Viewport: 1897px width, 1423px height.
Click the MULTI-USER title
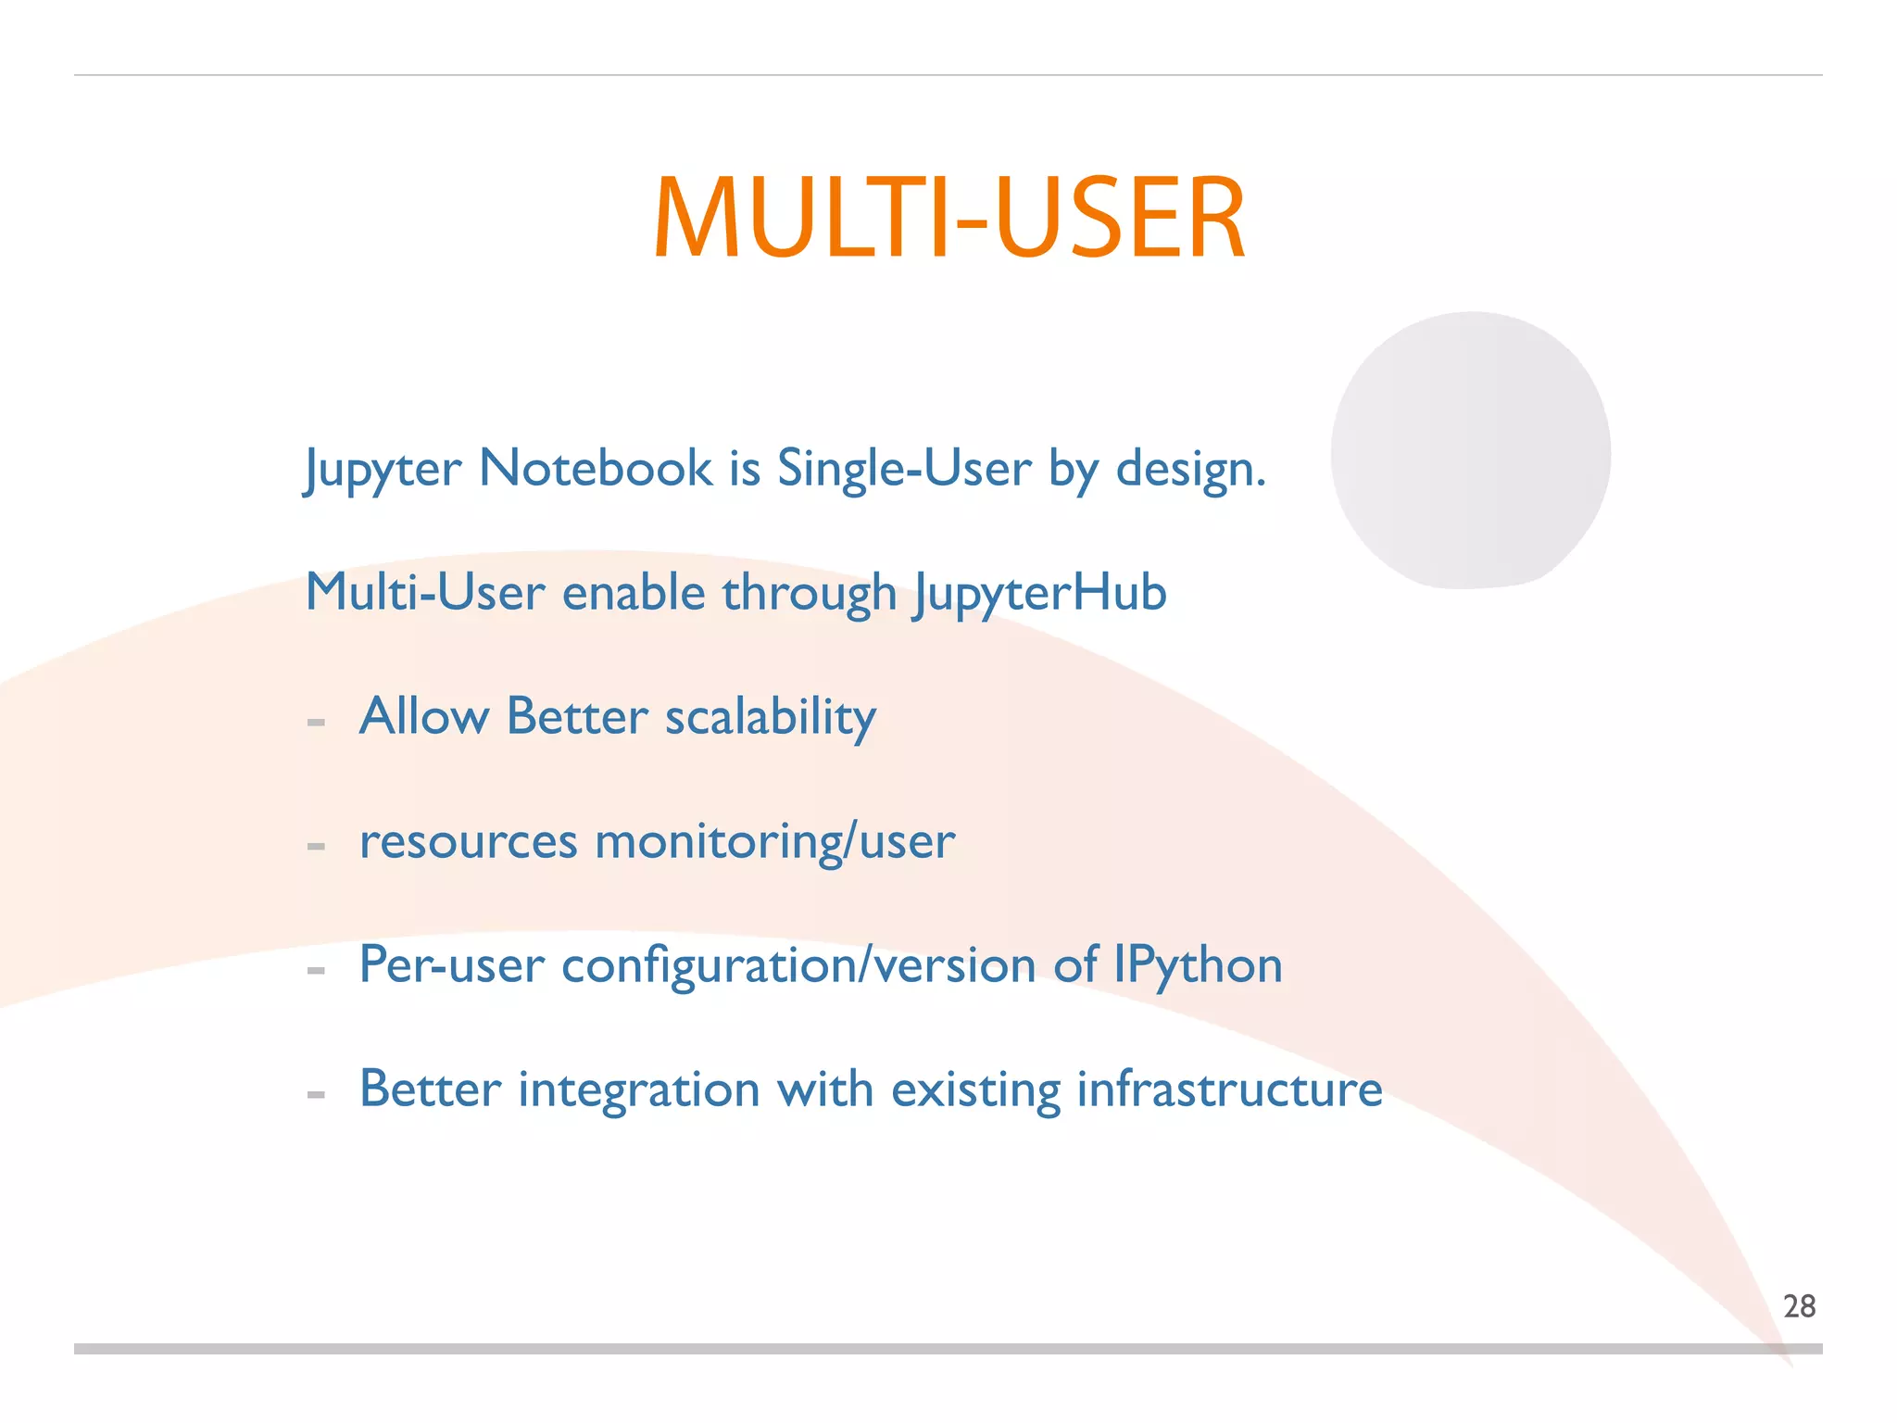click(948, 219)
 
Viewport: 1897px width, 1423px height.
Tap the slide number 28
click(1799, 1306)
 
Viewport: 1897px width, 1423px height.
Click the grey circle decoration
click(1471, 450)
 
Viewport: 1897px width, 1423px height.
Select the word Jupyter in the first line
click(383, 469)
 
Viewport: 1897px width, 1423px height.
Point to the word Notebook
click(596, 468)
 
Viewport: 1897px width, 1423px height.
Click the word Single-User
click(903, 468)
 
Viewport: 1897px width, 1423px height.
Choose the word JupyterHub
click(1039, 593)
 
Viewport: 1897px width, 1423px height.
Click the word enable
click(634, 593)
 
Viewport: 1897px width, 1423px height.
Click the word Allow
click(423, 716)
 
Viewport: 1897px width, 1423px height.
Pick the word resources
click(469, 842)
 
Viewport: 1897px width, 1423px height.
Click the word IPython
click(1198, 965)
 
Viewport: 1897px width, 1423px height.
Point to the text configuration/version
click(798, 965)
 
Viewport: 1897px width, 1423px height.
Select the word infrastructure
click(1229, 1089)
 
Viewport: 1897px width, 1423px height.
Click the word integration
click(639, 1089)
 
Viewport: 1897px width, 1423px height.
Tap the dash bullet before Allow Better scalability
click(316, 723)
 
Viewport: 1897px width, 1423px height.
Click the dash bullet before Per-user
click(316, 971)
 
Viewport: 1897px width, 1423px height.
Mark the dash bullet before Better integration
click(316, 1095)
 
